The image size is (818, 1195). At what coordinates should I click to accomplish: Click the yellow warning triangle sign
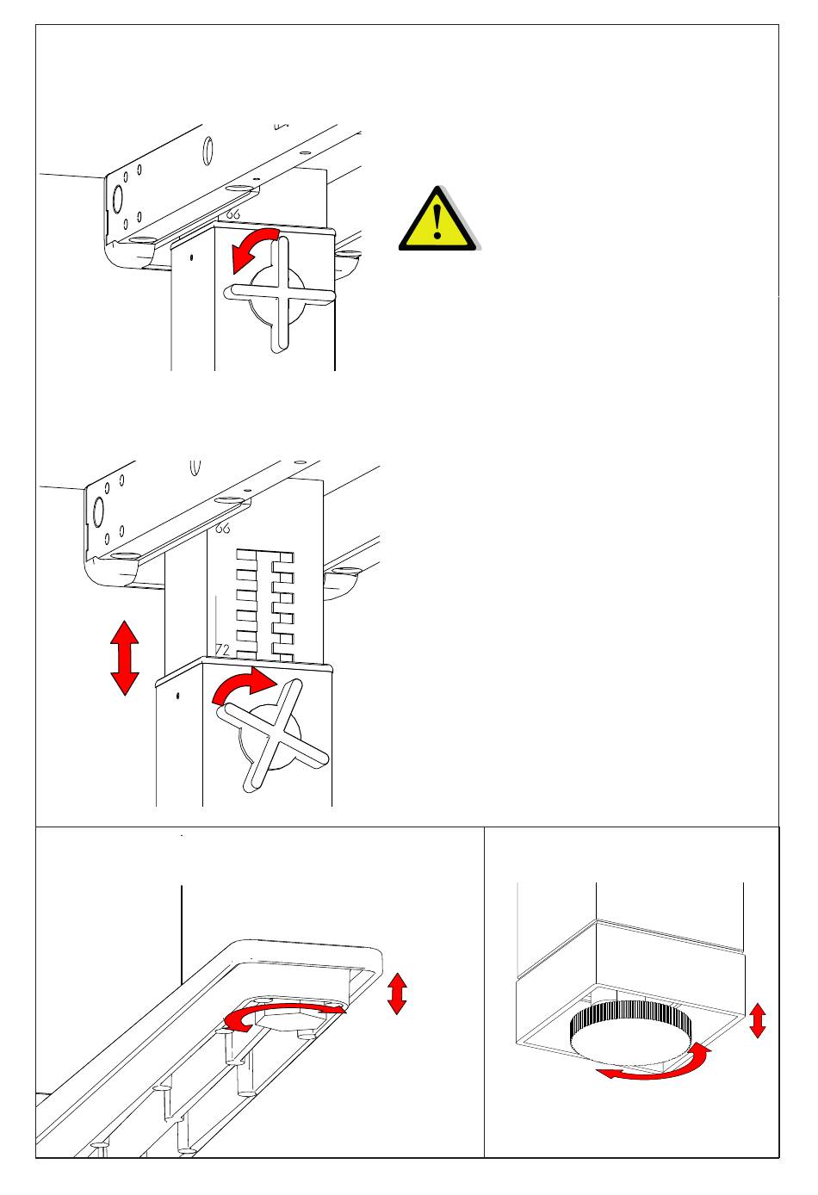[x=437, y=220]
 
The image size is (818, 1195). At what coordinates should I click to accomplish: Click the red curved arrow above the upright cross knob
[x=252, y=248]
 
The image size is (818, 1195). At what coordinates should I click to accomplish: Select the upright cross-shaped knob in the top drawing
[x=279, y=294]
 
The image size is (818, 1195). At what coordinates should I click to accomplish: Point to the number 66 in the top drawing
[x=232, y=214]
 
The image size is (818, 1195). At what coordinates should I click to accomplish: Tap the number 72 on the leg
[x=221, y=651]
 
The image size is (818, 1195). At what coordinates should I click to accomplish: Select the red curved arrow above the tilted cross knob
[x=242, y=689]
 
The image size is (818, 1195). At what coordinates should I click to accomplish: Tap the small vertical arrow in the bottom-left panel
[x=397, y=993]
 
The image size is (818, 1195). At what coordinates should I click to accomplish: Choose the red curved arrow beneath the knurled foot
[x=654, y=1065]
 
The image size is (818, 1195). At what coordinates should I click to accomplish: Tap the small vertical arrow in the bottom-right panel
[x=758, y=1020]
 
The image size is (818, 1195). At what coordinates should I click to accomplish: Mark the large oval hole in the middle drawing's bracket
[x=97, y=513]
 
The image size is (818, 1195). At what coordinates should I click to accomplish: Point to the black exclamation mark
[x=438, y=221]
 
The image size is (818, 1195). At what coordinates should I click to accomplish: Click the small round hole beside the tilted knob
[x=177, y=696]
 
